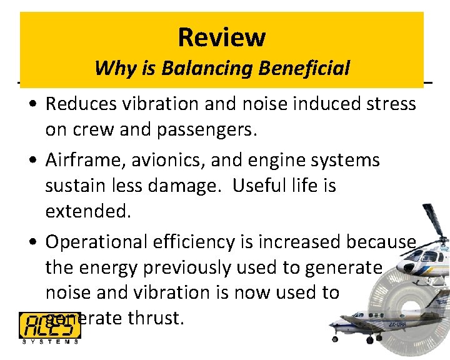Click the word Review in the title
click(221, 37)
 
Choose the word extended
click(87, 211)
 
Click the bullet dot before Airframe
click(31, 161)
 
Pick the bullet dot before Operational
click(31, 242)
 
